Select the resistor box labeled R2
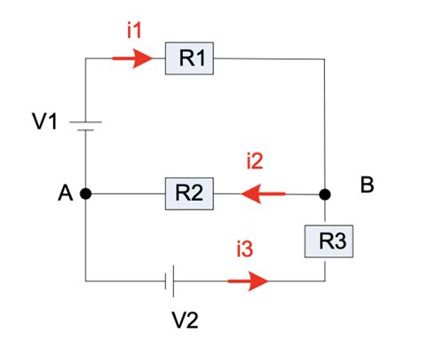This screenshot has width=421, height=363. point(188,193)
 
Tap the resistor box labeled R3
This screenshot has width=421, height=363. point(326,240)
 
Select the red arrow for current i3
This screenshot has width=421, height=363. point(248,281)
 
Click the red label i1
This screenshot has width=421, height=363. point(134,30)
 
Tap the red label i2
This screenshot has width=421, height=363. point(255,162)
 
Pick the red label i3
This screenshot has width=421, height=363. point(244,251)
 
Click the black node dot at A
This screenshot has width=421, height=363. point(85,193)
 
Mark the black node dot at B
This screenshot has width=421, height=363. point(325,193)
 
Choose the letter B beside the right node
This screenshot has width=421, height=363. point(367,185)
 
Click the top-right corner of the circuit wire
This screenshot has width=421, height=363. point(325,59)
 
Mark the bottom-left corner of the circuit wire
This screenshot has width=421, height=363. point(85,281)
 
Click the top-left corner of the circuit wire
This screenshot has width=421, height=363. point(85,59)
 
